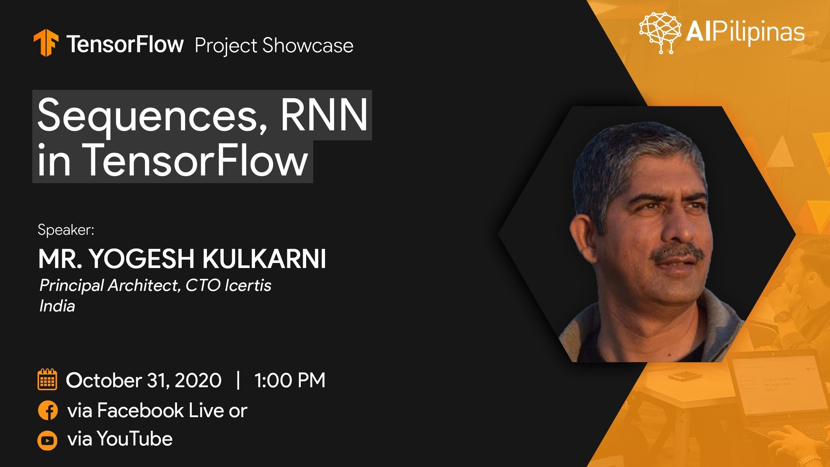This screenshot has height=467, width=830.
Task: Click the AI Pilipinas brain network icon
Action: pyautogui.click(x=660, y=33)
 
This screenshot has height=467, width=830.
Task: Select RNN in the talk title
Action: pyautogui.click(x=324, y=114)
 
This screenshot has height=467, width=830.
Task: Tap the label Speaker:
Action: pyautogui.click(x=66, y=230)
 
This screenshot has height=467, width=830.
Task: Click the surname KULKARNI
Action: pyautogui.click(x=264, y=259)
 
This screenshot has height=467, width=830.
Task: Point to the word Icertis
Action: pyautogui.click(x=248, y=285)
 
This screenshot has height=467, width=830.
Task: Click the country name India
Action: pyautogui.click(x=57, y=306)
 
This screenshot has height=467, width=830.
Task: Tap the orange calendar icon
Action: pyautogui.click(x=47, y=379)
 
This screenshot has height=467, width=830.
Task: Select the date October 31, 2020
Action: pyautogui.click(x=144, y=380)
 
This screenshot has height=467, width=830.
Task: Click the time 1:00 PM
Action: pyautogui.click(x=290, y=380)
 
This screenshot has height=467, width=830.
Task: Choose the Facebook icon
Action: pyautogui.click(x=48, y=411)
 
